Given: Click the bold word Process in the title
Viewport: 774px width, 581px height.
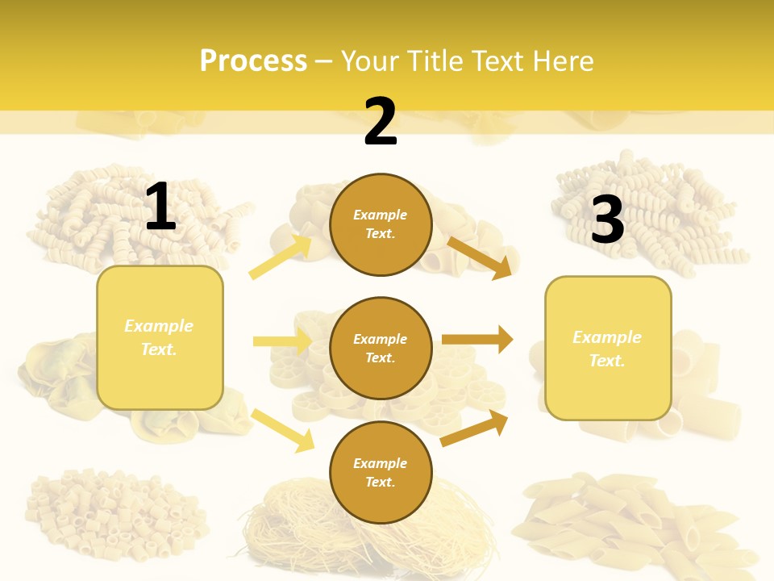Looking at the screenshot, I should (253, 61).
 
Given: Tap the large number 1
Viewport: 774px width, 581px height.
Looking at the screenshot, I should (160, 207).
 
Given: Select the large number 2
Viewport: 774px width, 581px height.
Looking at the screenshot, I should (381, 122).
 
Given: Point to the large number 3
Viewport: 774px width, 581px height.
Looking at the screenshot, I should (608, 219).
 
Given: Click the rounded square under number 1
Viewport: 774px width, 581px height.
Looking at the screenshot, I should (160, 337).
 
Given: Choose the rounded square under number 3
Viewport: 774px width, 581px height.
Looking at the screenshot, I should (608, 348).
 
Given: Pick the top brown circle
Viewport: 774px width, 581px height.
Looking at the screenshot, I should (381, 224).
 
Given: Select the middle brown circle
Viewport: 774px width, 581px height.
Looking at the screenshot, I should (381, 348).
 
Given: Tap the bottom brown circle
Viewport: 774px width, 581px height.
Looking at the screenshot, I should (381, 472).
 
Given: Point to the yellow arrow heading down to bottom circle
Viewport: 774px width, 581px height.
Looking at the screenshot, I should (282, 429).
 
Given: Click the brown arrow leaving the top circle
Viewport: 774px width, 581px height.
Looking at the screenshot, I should (480, 257).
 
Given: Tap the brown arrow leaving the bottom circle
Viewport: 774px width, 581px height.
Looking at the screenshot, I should (475, 428).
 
